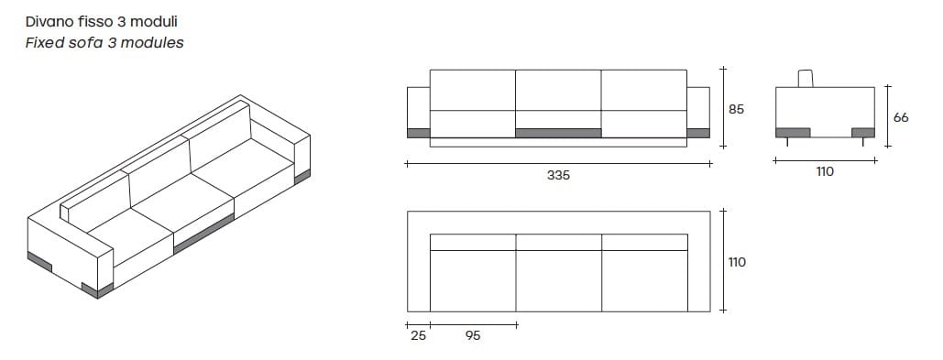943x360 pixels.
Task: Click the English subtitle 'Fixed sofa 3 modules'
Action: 104,42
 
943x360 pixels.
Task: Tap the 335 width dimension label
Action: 558,175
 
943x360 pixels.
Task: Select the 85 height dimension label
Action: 736,109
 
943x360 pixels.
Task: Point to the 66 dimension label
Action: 900,117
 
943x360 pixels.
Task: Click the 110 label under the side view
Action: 825,171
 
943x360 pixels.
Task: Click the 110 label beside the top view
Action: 737,262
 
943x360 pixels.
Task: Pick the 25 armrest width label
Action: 418,335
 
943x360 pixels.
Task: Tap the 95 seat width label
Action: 473,335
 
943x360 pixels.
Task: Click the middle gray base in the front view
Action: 558,133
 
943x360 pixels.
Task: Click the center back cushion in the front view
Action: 558,89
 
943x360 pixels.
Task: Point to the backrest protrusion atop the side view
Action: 806,78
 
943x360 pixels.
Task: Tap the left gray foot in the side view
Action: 793,132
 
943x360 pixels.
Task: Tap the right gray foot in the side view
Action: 863,132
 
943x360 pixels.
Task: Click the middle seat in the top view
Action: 558,279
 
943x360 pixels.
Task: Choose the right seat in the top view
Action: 643,279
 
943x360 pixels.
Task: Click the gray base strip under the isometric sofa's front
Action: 202,233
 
